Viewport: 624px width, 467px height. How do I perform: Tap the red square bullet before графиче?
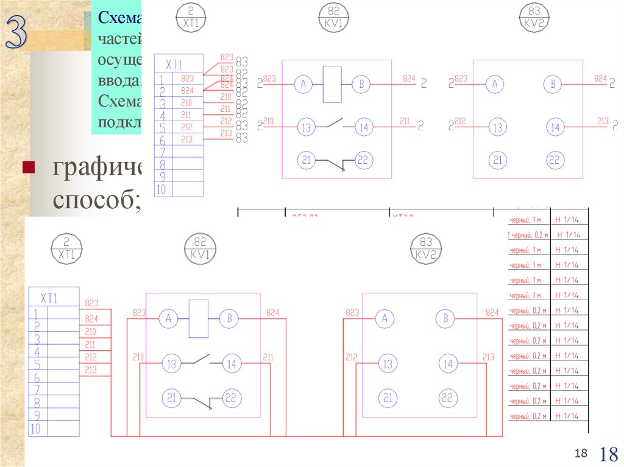click(28, 167)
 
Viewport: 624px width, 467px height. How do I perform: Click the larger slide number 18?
click(609, 454)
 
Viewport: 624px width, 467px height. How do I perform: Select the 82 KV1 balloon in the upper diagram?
click(333, 16)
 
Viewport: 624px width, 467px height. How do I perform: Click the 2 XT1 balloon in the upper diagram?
click(191, 16)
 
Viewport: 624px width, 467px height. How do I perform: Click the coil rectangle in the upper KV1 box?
click(332, 84)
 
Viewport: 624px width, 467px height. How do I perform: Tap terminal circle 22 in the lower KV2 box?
click(448, 398)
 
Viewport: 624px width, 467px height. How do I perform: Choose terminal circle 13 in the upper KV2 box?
click(498, 128)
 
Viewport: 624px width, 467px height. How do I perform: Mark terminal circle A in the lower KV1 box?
click(168, 318)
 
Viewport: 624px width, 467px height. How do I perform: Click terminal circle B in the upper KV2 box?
click(553, 85)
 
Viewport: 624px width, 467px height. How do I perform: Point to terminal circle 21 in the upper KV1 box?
click(306, 160)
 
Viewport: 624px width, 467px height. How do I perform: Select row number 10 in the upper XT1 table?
click(161, 189)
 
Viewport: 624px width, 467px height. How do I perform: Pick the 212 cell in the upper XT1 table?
click(186, 127)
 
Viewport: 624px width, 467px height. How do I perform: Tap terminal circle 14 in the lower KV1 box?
click(231, 365)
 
